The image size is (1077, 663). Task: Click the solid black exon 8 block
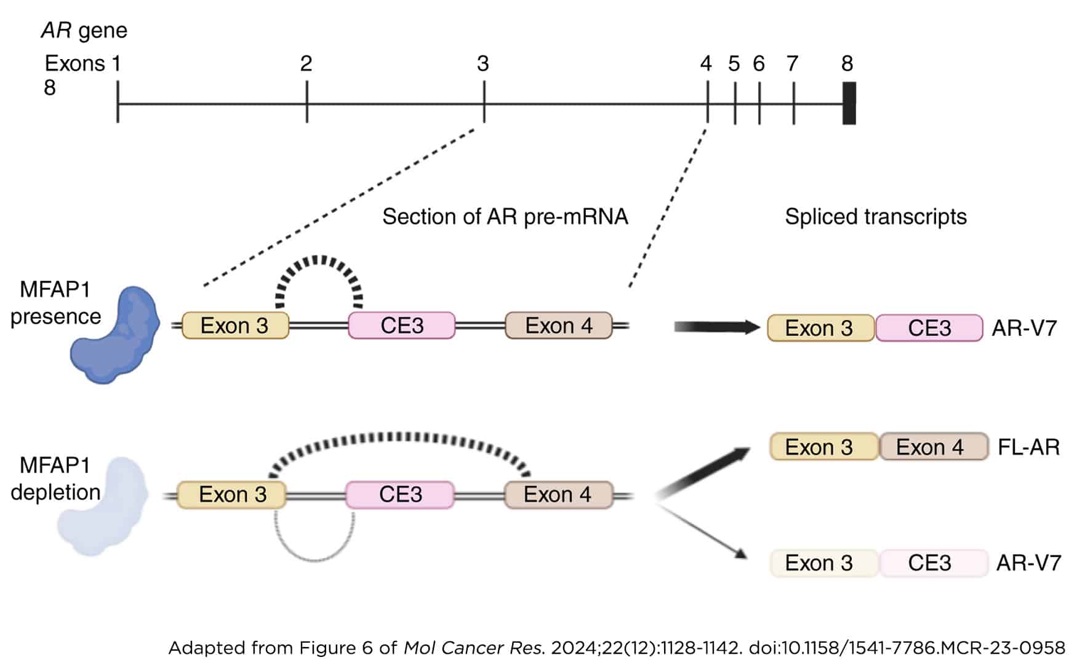tap(849, 103)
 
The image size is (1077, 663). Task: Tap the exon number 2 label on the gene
tap(306, 63)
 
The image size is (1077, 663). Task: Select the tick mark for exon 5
tap(735, 103)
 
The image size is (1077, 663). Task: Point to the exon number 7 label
tap(792, 63)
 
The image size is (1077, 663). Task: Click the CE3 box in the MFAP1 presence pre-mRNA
tap(402, 326)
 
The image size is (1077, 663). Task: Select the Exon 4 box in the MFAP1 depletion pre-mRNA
tap(558, 494)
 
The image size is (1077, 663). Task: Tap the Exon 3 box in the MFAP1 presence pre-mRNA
tap(235, 326)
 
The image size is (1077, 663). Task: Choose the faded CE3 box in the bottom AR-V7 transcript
tap(930, 563)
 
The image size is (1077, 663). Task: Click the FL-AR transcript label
tap(1028, 447)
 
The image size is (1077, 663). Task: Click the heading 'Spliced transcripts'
tap(875, 217)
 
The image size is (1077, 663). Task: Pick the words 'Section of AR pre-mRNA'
tap(505, 217)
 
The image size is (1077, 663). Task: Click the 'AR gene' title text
tap(84, 30)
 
